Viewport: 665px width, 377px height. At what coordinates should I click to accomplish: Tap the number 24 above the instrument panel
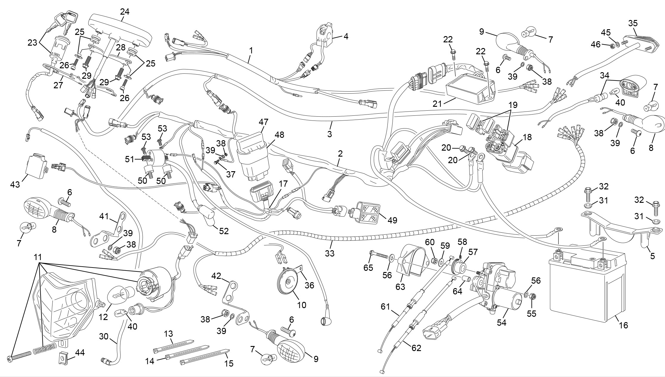(125, 12)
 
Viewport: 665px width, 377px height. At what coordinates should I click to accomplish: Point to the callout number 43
(15, 185)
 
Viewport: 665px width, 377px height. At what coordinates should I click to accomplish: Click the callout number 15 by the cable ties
(229, 363)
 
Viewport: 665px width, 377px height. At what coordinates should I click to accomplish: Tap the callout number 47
(263, 122)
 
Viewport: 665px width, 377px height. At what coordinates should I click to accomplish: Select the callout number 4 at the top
(346, 36)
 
